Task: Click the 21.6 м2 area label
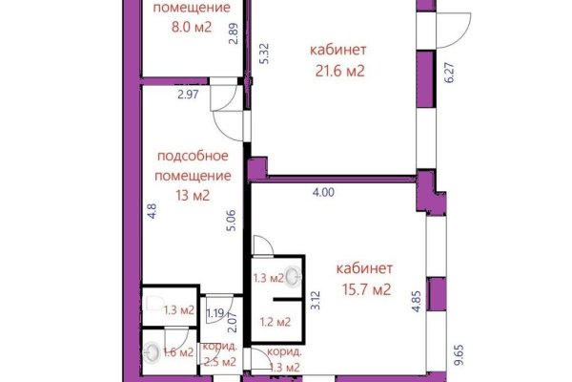[x=338, y=70]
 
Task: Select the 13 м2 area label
[x=193, y=197]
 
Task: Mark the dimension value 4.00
[x=324, y=192]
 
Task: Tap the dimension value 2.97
[x=187, y=94]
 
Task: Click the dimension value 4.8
[x=152, y=211]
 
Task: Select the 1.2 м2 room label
[x=276, y=322]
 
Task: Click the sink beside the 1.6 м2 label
[x=153, y=353]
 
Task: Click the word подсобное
[x=193, y=158]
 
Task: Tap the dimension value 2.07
[x=230, y=335]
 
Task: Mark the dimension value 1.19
[x=215, y=313]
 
